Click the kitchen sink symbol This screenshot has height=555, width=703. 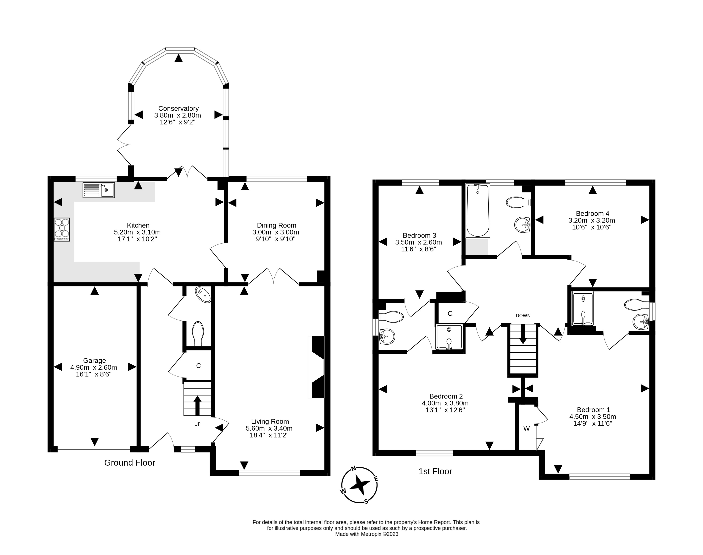pos(98,190)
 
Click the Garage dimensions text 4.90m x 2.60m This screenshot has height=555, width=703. pos(94,368)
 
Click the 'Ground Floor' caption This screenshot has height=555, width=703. pos(129,463)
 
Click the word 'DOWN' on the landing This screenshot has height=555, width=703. pos(523,316)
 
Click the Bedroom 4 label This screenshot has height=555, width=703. pos(592,214)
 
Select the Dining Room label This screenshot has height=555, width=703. pos(276,225)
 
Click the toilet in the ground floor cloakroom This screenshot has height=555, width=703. pos(198,333)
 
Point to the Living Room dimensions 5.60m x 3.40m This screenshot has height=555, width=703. pos(269,428)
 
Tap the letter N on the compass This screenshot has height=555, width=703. pos(354,469)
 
